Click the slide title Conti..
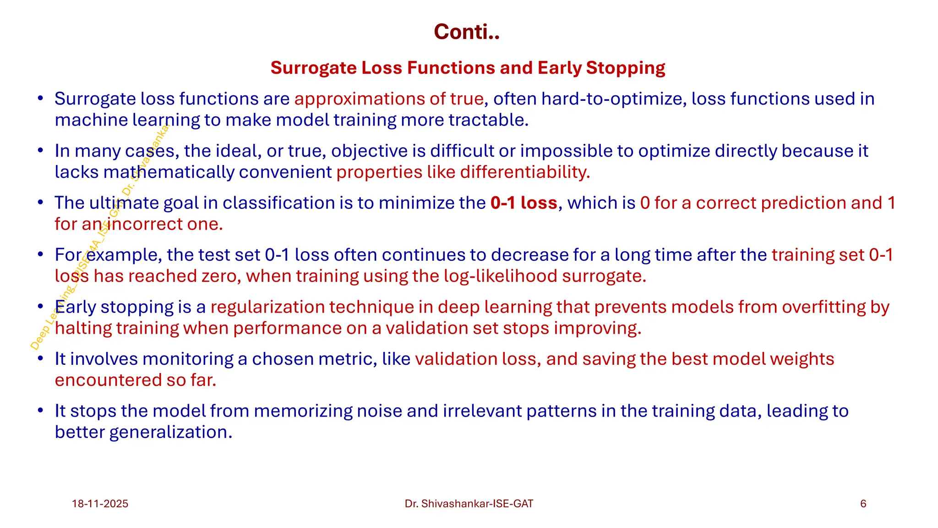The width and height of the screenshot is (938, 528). point(466,32)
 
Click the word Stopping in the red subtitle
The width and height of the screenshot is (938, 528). point(625,68)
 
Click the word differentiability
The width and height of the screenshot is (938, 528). point(525,172)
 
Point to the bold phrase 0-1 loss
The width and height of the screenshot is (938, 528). point(524,203)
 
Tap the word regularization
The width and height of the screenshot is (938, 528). point(266,307)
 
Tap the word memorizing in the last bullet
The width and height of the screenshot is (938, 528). point(302,411)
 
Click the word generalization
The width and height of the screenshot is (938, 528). point(170,432)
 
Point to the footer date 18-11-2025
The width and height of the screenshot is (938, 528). point(100,504)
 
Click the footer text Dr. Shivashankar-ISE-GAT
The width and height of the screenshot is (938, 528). point(469,504)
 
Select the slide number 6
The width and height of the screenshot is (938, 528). point(863,504)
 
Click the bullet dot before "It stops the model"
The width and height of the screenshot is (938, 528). point(40,410)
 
